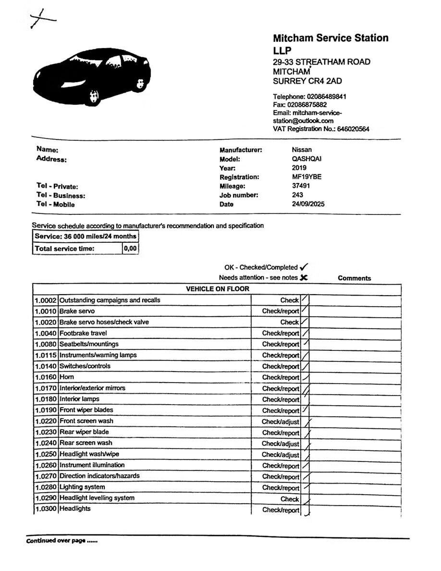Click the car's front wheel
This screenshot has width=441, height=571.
94,97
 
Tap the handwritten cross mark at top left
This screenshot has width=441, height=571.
41,19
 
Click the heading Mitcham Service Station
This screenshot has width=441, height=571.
331,38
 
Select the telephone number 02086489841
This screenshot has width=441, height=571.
325,97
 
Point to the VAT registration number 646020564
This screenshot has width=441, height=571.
353,129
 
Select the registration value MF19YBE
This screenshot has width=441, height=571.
306,177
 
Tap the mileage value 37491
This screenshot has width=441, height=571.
301,186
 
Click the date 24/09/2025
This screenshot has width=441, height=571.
308,204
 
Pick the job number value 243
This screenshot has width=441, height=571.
297,195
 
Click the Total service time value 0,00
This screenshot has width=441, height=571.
130,248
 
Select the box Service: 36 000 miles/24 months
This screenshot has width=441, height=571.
86,236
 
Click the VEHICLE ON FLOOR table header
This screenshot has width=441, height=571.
218,289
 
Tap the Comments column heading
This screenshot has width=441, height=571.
354,278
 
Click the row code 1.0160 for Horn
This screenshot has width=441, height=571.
46,377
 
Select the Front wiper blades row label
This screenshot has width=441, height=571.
86,410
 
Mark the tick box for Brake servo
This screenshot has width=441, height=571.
305,311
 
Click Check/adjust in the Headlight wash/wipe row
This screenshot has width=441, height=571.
280,455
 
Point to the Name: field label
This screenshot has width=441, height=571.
47,150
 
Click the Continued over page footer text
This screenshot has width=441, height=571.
61,541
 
